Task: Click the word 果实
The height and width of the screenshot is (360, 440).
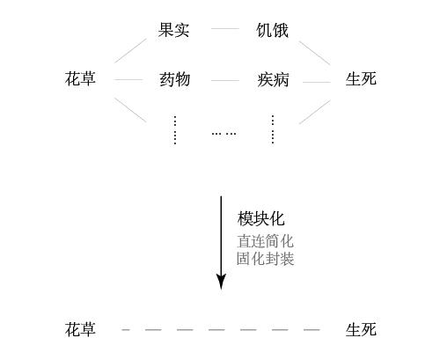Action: point(173,30)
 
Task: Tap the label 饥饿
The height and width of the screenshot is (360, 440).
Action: point(272,30)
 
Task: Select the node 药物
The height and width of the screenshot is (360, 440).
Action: point(175,79)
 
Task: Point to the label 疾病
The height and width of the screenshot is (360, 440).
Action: point(273,79)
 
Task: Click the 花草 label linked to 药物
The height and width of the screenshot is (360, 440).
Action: point(80,78)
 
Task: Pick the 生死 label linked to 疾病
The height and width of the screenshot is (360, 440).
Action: point(361,78)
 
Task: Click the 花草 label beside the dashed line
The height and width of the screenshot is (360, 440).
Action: point(80,329)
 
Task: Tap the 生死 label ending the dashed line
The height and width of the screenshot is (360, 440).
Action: point(361,329)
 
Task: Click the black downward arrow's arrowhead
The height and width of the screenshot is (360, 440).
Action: point(221,282)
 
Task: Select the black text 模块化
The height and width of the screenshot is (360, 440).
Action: point(260,219)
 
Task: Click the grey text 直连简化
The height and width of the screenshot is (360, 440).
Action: point(265,241)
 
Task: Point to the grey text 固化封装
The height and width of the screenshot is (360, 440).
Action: point(265,259)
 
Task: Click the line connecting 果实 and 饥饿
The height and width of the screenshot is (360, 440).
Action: point(225,29)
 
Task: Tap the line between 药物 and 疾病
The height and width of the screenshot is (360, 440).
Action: point(225,80)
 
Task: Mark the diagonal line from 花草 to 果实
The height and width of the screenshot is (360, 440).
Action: point(130,50)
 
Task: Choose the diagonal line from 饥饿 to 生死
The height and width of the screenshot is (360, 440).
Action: point(314,53)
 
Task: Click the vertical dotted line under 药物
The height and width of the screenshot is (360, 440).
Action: point(175,130)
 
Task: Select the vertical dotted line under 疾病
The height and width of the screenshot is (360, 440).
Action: point(273,129)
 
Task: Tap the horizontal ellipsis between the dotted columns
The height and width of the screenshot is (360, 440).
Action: point(224,134)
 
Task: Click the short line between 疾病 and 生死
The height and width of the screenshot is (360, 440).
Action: point(317,82)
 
